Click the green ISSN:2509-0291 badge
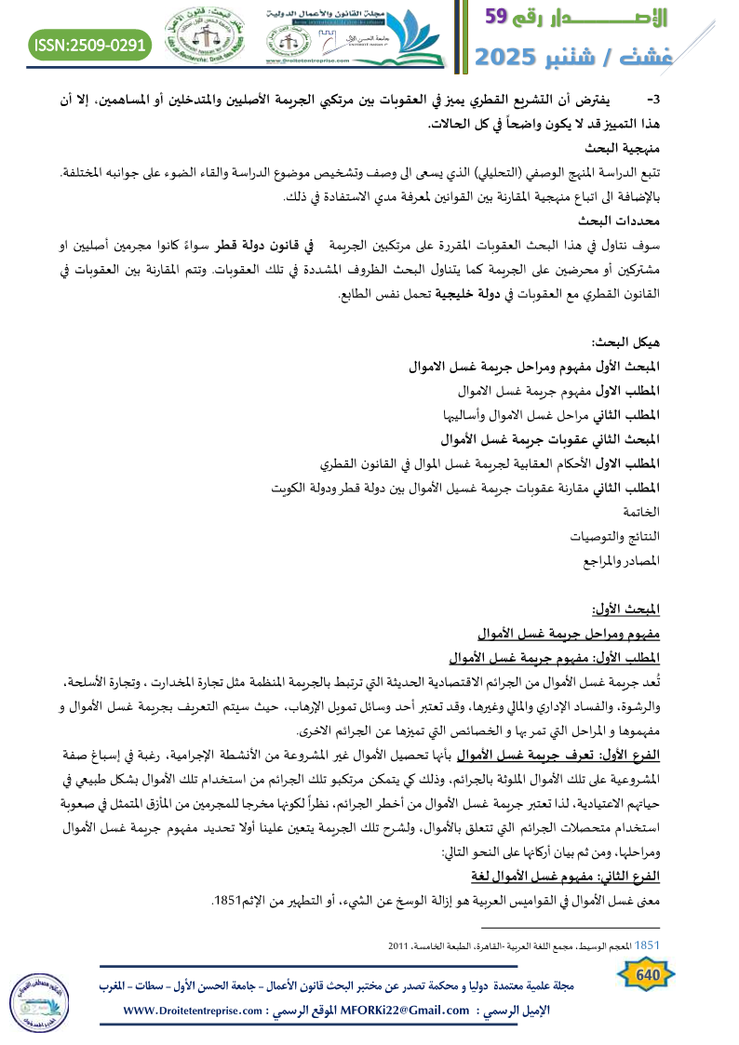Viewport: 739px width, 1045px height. coord(90,44)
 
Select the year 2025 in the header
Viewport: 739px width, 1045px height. coord(512,56)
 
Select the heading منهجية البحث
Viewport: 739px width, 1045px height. coord(624,148)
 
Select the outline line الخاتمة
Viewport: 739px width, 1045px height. coord(639,512)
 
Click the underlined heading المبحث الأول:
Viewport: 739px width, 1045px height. coord(626,610)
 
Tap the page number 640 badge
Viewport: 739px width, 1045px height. coord(646,973)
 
